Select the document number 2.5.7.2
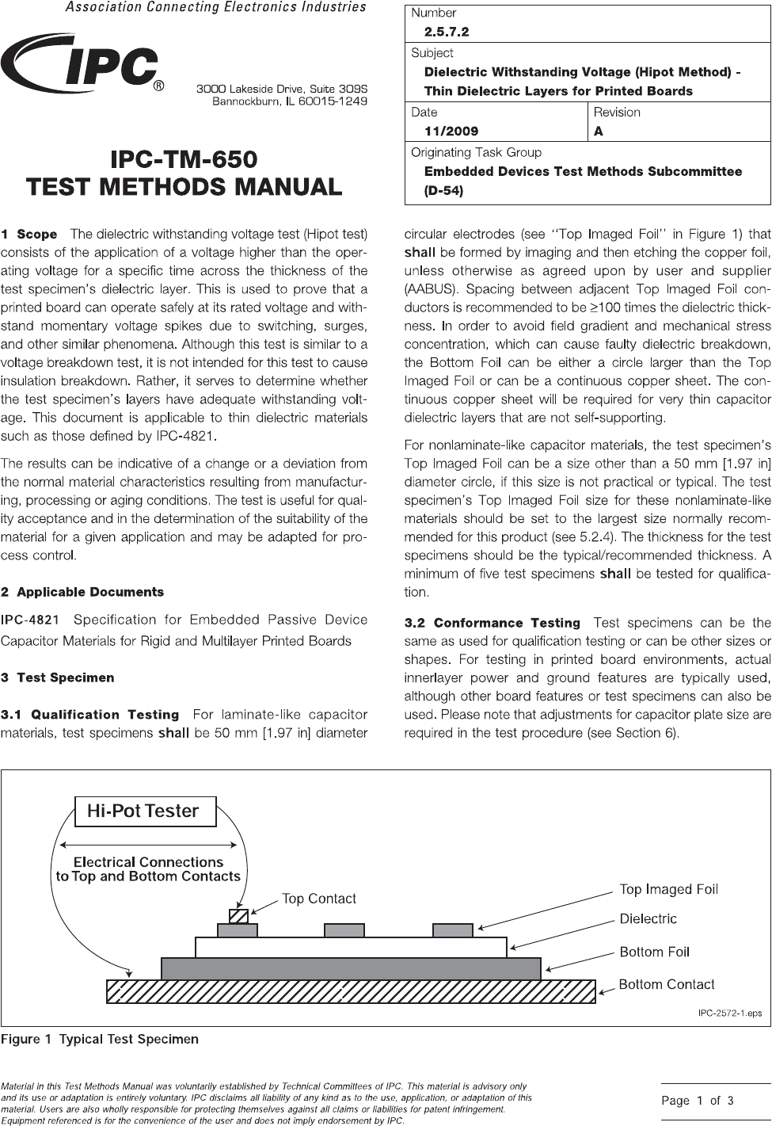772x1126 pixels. (447, 32)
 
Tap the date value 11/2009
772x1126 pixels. (451, 132)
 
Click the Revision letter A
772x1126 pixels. (599, 132)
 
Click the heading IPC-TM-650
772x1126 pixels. (184, 159)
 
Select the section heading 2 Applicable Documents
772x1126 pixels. (82, 592)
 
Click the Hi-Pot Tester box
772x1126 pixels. (144, 811)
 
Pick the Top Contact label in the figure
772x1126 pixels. (319, 899)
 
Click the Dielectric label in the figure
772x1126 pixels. (648, 919)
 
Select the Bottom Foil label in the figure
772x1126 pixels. (654, 952)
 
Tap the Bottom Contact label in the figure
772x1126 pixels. (666, 984)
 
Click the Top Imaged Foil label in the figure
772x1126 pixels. (668, 889)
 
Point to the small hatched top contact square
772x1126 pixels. (238, 916)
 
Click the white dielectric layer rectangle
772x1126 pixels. (351, 947)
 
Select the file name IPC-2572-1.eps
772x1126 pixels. (728, 1013)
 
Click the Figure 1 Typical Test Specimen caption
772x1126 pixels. (100, 1039)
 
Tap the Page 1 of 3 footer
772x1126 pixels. (698, 1101)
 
